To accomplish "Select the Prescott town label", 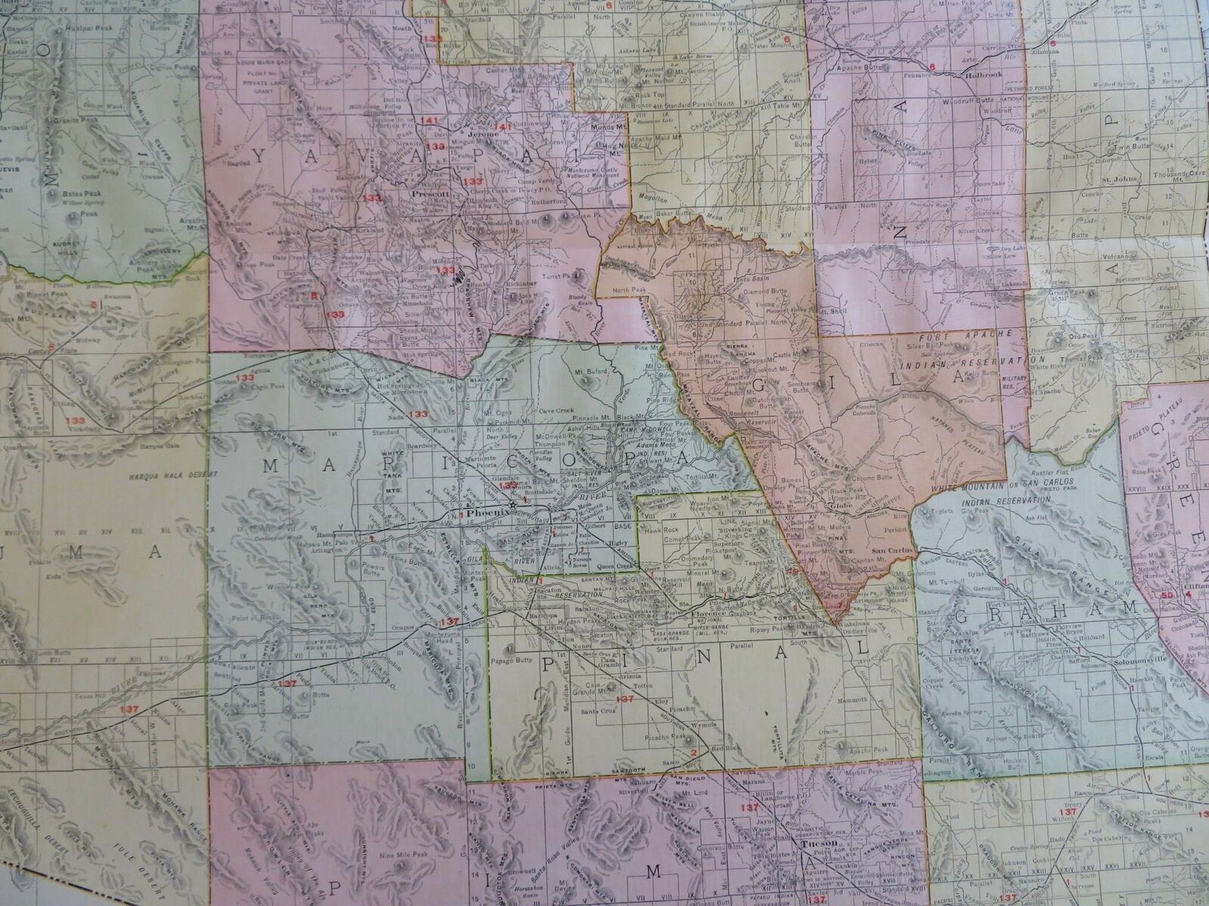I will [431, 193].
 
